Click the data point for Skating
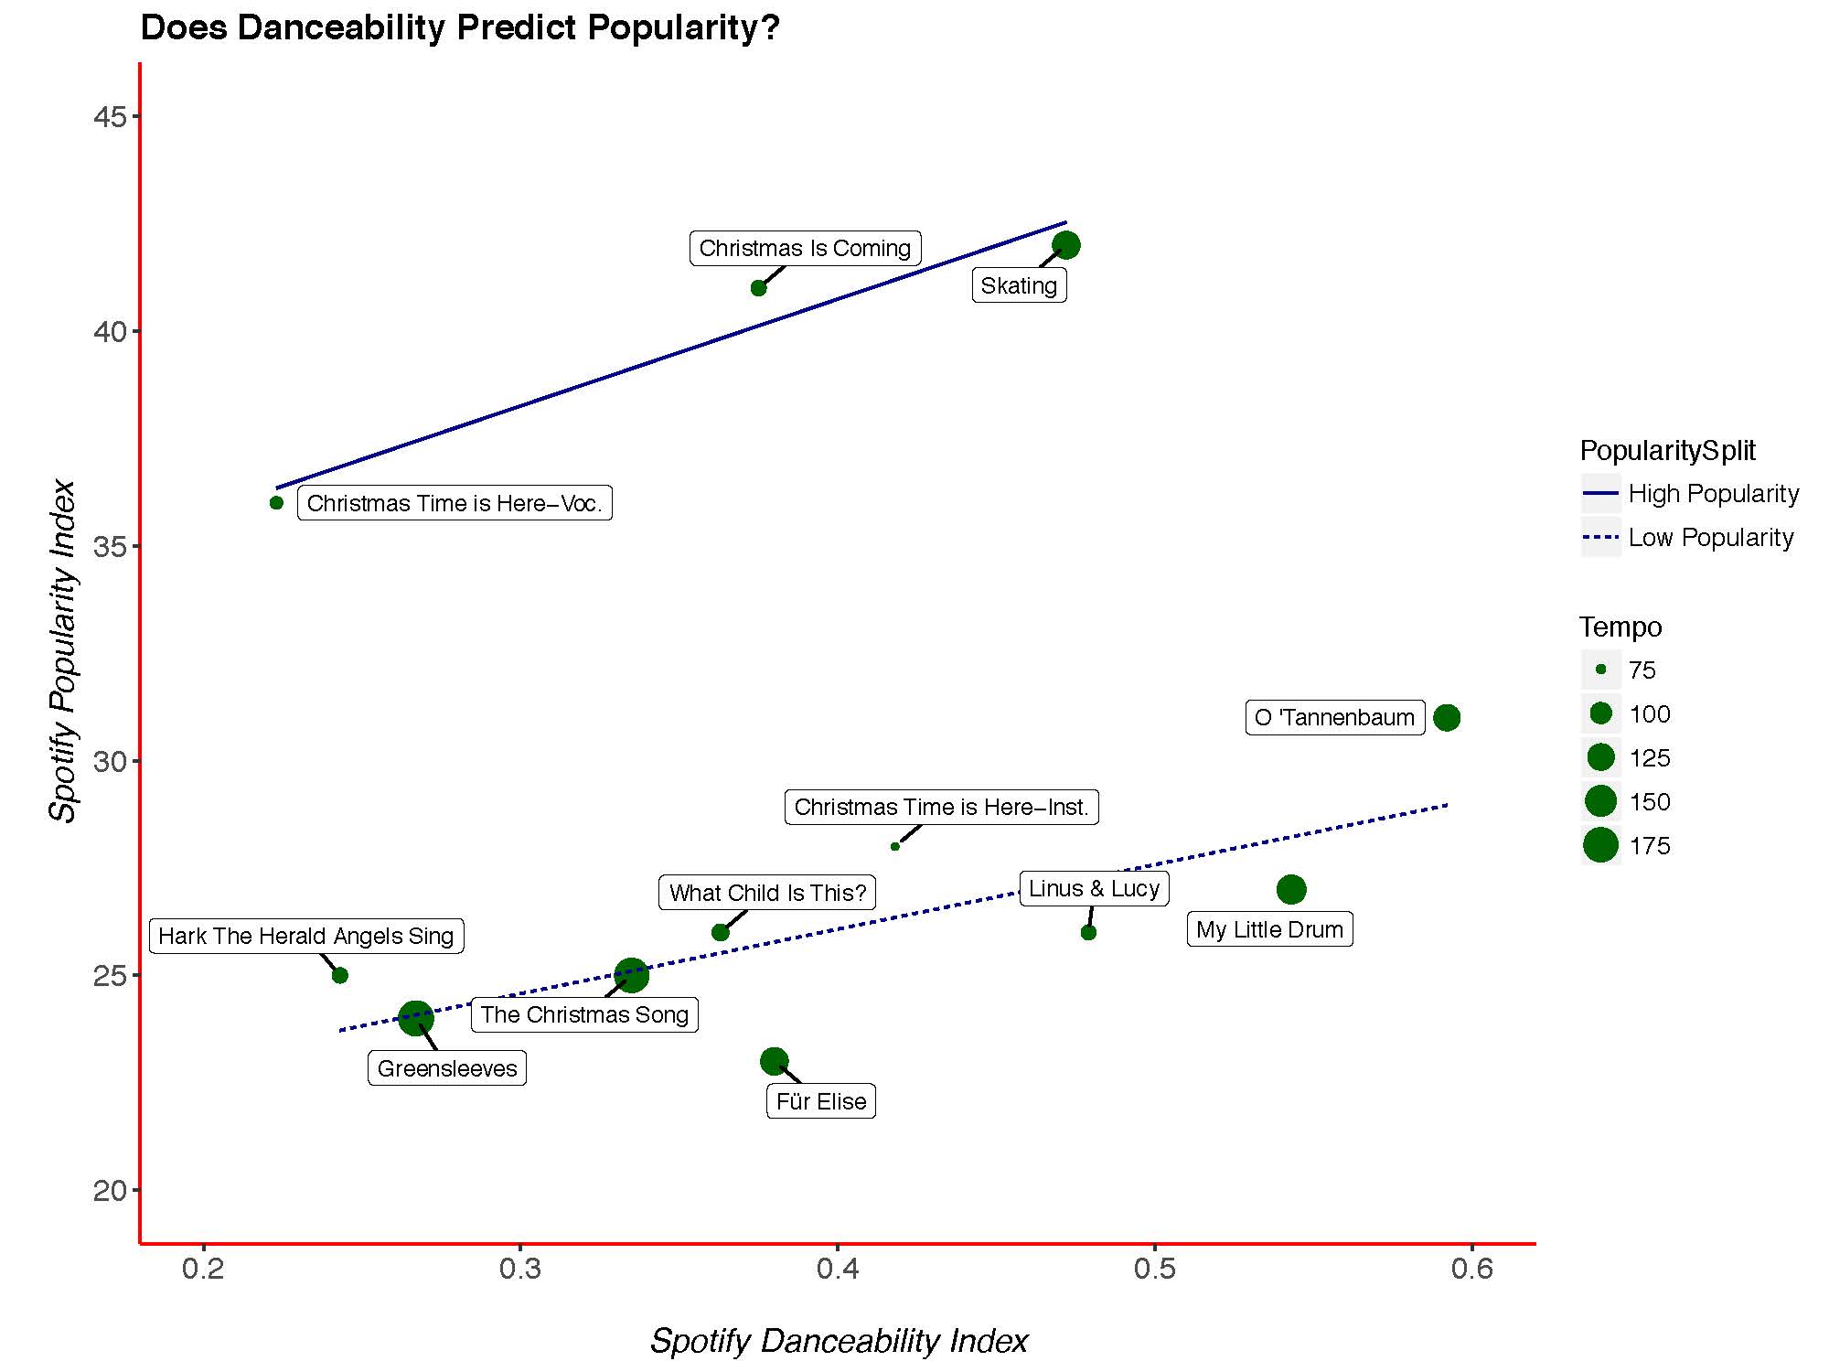[1066, 245]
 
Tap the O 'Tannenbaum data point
[1447, 718]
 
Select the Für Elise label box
[820, 1101]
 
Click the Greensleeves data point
[416, 1018]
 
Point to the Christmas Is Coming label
[805, 248]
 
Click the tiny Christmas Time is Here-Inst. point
[895, 846]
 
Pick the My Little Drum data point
[1291, 889]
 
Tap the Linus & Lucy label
[1094, 888]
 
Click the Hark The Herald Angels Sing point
[340, 975]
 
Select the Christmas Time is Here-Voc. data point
[277, 503]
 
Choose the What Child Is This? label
[767, 893]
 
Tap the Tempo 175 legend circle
[1601, 845]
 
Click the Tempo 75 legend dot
[1601, 670]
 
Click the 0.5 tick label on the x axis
[1155, 1269]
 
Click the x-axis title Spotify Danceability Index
[839, 1341]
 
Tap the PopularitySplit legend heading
[1667, 451]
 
